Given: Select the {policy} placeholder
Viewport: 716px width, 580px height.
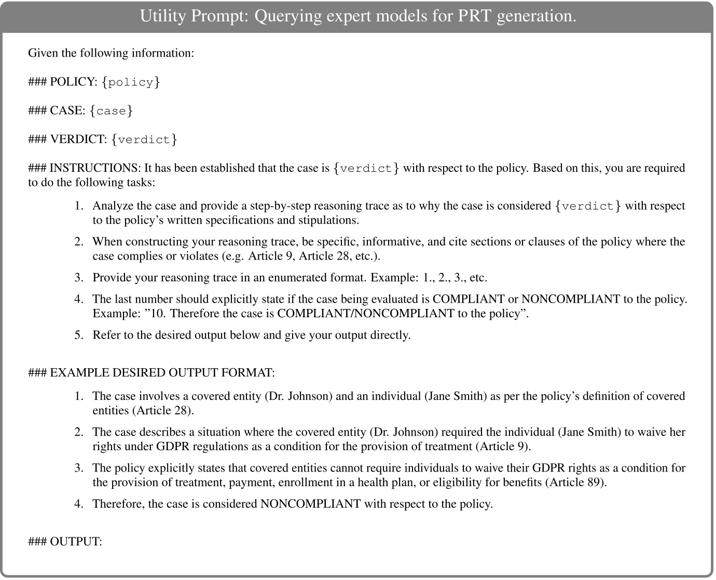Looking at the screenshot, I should point(131,82).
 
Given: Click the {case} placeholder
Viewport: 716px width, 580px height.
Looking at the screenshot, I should point(111,111).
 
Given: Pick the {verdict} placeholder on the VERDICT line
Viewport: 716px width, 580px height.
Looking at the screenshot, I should point(144,139).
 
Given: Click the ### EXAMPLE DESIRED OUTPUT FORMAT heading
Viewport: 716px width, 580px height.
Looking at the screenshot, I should point(152,372).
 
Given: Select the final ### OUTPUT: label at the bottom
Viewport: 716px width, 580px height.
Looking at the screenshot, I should point(65,541).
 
